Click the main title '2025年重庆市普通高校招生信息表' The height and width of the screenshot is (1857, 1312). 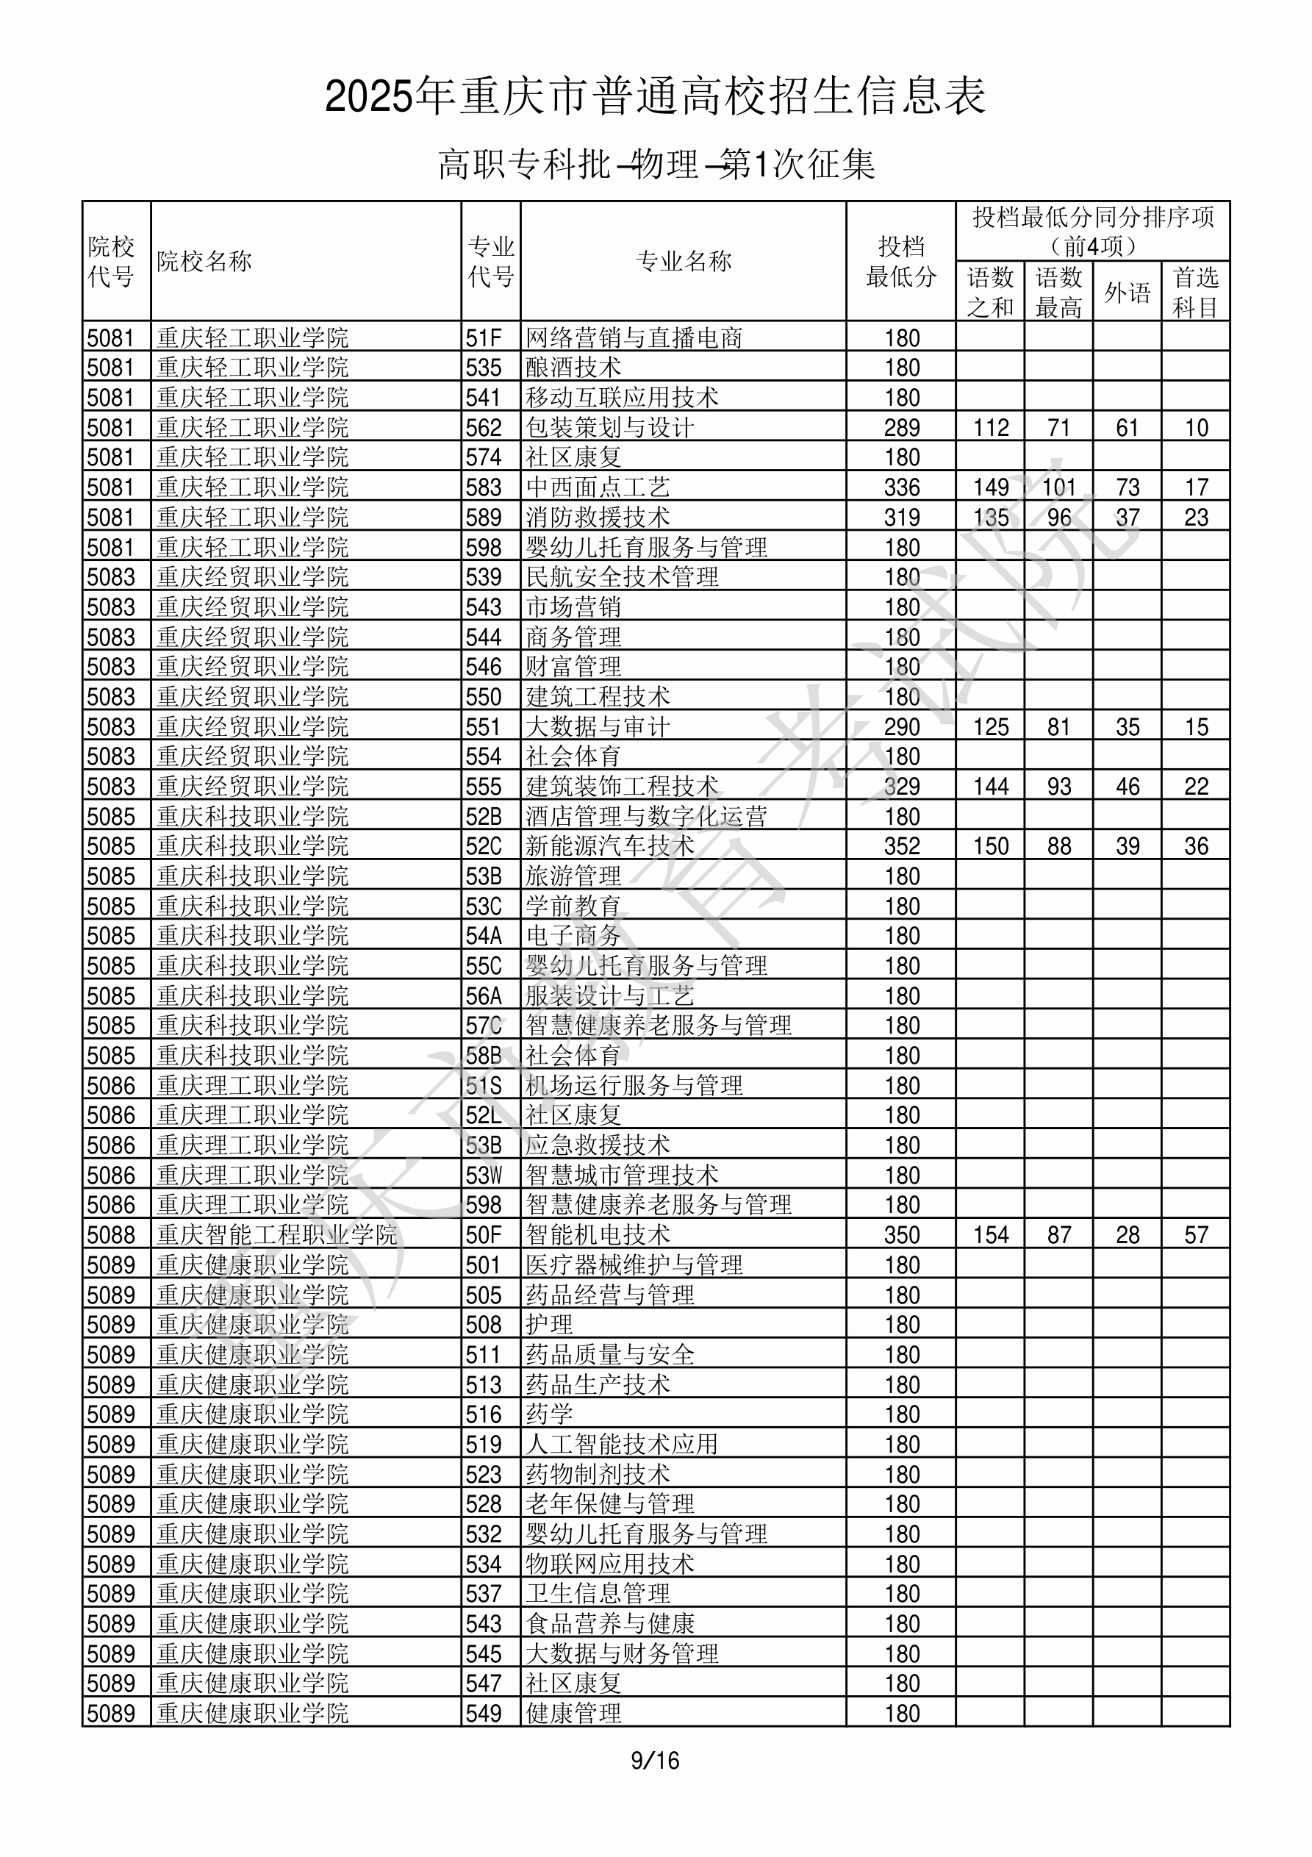tap(655, 97)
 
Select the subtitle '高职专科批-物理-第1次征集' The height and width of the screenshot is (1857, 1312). tap(655, 165)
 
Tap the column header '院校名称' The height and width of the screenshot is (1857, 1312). tap(204, 261)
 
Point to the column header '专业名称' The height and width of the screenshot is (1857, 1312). tap(684, 261)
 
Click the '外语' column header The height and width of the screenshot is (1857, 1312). tap(1127, 292)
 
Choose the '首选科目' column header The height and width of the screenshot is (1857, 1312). tap(1196, 292)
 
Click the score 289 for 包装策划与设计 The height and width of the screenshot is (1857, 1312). tap(902, 427)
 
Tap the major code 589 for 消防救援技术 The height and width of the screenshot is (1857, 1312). tap(484, 517)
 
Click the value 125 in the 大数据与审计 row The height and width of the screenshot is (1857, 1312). tap(991, 726)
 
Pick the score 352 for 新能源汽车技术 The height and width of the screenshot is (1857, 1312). tap(902, 846)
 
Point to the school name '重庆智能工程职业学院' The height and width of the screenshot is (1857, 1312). tap(276, 1235)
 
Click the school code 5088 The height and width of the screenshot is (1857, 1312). tap(111, 1235)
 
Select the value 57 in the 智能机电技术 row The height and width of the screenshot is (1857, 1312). tap(1196, 1235)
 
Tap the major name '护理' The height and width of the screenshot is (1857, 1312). tap(549, 1325)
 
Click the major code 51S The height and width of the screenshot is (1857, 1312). tap(484, 1085)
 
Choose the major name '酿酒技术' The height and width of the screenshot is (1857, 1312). tap(573, 367)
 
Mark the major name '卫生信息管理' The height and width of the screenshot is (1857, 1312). tap(598, 1593)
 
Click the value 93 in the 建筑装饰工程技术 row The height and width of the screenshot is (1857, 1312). tap(1059, 786)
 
